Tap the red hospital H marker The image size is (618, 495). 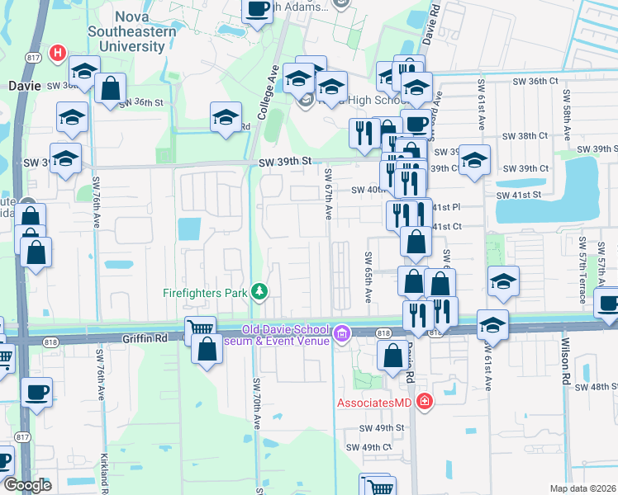[x=57, y=54]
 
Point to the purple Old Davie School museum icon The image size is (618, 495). [x=343, y=334]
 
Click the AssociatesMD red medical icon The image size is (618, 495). [x=425, y=403]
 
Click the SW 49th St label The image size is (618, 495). [x=381, y=428]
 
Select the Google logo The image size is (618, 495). [x=27, y=485]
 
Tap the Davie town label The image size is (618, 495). [x=24, y=84]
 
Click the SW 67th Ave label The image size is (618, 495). [x=328, y=194]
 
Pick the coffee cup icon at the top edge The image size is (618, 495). [x=258, y=9]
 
